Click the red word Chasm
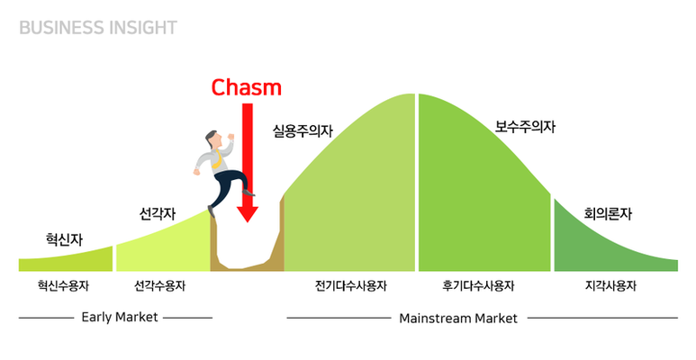(x=246, y=87)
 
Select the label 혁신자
(x=64, y=239)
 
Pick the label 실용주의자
(x=303, y=130)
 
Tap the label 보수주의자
(x=525, y=127)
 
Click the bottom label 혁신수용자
(x=64, y=286)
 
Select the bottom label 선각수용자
(x=159, y=286)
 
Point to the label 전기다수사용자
(x=351, y=286)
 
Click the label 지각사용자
(x=610, y=286)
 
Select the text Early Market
(x=119, y=317)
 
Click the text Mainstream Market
(x=458, y=318)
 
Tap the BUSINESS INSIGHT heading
(x=98, y=27)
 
